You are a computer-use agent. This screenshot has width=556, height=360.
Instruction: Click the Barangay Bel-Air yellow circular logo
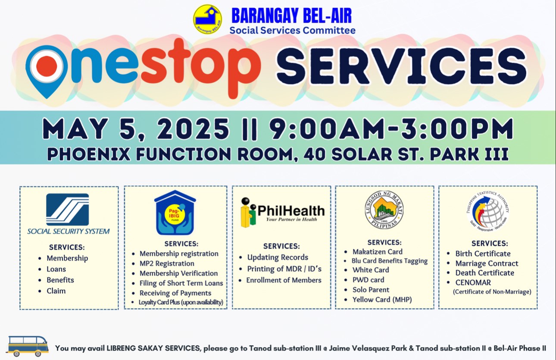point(207,19)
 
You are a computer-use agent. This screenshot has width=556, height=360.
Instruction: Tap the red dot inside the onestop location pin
point(47,66)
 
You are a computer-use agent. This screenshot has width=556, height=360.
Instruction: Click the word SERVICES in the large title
point(401,66)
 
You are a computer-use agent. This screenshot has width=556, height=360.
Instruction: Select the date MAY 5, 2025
point(136,128)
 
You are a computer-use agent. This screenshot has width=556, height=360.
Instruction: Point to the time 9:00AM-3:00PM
point(392,128)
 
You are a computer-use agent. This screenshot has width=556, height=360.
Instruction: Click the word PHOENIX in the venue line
point(89,154)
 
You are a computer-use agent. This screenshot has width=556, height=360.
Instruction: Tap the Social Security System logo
point(68,214)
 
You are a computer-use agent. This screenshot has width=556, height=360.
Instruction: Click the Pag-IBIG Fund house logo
point(175,213)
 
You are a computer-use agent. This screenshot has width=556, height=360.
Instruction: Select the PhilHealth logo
point(282,213)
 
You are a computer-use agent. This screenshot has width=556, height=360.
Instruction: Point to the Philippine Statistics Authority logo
point(488,212)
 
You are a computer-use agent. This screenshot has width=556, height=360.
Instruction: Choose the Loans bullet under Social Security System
point(56,269)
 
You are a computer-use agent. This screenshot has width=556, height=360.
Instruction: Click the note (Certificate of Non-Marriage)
point(492,292)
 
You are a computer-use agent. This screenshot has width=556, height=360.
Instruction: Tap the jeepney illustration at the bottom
point(27,346)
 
